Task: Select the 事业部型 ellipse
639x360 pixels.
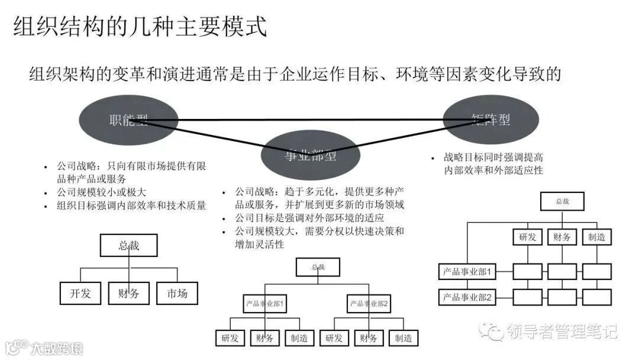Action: pos(309,155)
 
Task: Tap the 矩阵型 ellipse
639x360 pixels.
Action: pos(491,119)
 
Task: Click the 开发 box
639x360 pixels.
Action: pos(80,293)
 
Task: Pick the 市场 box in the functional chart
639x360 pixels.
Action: pos(177,293)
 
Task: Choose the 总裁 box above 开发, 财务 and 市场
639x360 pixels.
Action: pos(128,246)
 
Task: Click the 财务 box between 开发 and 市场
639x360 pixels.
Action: pos(128,293)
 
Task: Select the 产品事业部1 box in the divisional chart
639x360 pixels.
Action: pos(266,304)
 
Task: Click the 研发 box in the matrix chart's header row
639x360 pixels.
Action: pos(527,237)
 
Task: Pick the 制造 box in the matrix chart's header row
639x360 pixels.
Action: pos(596,237)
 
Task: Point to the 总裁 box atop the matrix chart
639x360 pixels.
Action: pos(561,201)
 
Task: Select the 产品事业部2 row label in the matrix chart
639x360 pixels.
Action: pos(467,297)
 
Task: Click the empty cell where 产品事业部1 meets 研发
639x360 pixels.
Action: pos(527,272)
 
